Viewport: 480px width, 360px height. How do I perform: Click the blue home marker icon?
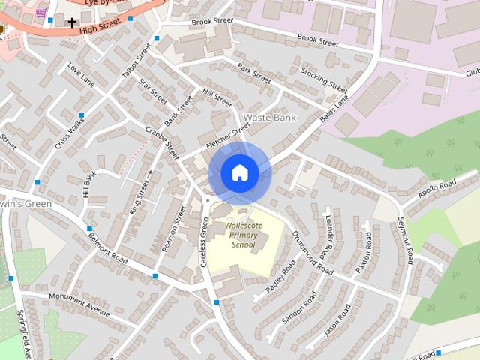point(239,172)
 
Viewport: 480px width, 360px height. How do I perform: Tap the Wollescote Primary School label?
point(242,234)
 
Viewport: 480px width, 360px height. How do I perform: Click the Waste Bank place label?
point(270,118)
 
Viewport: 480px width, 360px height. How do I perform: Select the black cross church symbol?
point(72,23)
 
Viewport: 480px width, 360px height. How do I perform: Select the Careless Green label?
point(203,242)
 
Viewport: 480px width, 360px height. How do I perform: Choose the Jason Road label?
point(337,320)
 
